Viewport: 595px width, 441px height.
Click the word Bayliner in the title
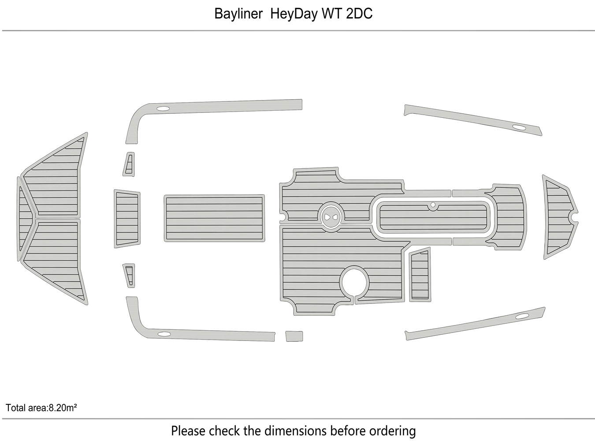click(238, 14)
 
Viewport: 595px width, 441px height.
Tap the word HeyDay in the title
click(294, 14)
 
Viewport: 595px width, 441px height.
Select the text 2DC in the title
click(359, 14)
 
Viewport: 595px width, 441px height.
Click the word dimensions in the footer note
click(296, 430)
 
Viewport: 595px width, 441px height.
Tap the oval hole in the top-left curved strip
click(163, 108)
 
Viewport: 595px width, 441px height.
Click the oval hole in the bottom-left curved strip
click(164, 334)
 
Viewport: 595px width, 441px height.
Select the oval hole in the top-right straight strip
click(519, 128)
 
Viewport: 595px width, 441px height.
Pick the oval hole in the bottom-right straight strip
click(522, 316)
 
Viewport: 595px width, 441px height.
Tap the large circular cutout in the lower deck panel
click(354, 281)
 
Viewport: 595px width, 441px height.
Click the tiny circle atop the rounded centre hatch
click(433, 205)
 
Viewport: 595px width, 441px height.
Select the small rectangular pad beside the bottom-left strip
click(294, 336)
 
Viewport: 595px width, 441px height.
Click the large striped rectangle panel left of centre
click(214, 218)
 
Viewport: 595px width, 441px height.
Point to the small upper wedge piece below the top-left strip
click(129, 164)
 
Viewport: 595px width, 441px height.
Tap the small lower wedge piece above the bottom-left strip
click(129, 275)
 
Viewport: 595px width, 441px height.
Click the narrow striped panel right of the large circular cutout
click(420, 275)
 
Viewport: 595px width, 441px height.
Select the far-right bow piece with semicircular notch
click(559, 217)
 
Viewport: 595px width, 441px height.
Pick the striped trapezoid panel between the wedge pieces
click(127, 219)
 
